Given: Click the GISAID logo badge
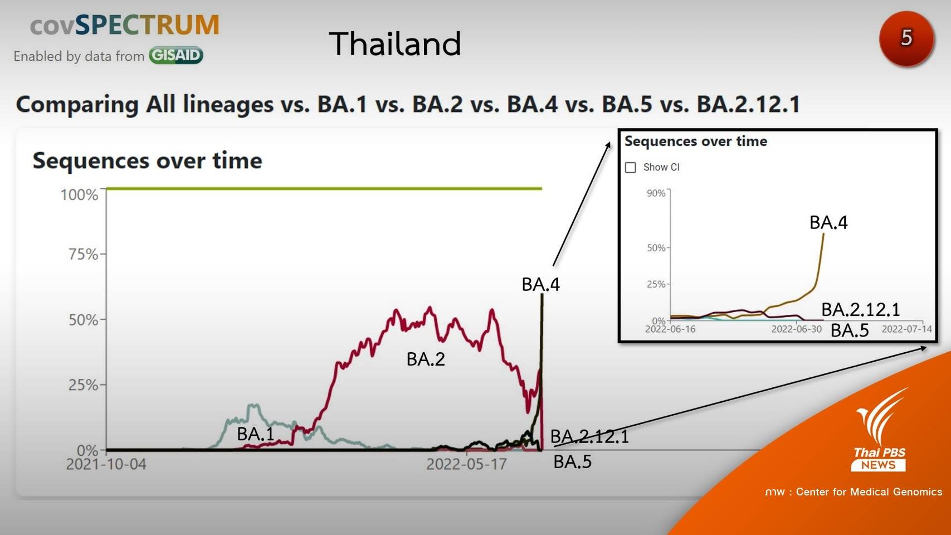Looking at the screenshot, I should tap(175, 55).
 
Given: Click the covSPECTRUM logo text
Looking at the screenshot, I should tap(124, 25).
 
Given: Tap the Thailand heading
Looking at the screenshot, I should tap(395, 43).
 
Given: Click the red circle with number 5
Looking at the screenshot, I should tap(906, 38).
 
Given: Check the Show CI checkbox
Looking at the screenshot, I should tap(631, 167).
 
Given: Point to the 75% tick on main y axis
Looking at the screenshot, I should tap(83, 254).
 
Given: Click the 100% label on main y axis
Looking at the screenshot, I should tap(79, 194).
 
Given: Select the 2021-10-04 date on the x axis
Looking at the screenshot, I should tap(106, 464).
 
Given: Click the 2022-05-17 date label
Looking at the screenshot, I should tap(466, 464).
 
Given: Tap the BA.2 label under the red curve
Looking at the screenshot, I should tap(426, 359).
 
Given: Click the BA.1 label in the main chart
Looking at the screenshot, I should tap(255, 434).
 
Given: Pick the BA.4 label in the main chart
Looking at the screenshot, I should tap(540, 284).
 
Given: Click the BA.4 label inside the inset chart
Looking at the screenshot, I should tap(828, 222).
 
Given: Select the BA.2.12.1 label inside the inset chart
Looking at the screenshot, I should tap(860, 309).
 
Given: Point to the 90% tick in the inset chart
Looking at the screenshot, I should tap(656, 193).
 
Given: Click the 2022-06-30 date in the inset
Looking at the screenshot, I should tap(796, 329).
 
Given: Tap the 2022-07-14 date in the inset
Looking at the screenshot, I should tap(906, 329).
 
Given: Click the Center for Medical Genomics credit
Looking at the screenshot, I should tap(853, 492).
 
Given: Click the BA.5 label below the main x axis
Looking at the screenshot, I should tap(572, 461).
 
